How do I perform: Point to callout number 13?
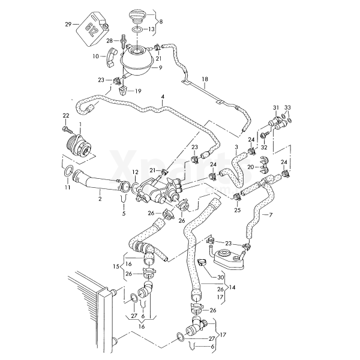point(151,28)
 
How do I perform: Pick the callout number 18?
point(205,79)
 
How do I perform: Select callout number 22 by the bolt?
point(65,115)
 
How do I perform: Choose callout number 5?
point(124,213)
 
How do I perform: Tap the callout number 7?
point(271,215)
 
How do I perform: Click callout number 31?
point(277,107)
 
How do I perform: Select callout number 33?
point(287,107)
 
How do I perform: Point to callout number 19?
point(137,91)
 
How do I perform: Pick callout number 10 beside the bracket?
point(95,56)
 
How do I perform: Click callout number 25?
point(237,211)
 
